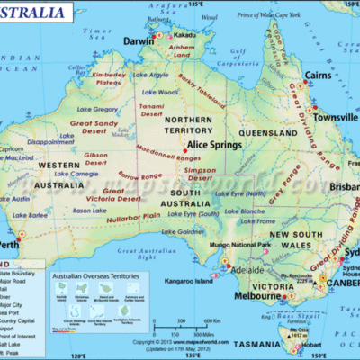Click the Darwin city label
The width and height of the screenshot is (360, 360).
(138, 41)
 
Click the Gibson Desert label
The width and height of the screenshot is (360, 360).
(98, 158)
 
